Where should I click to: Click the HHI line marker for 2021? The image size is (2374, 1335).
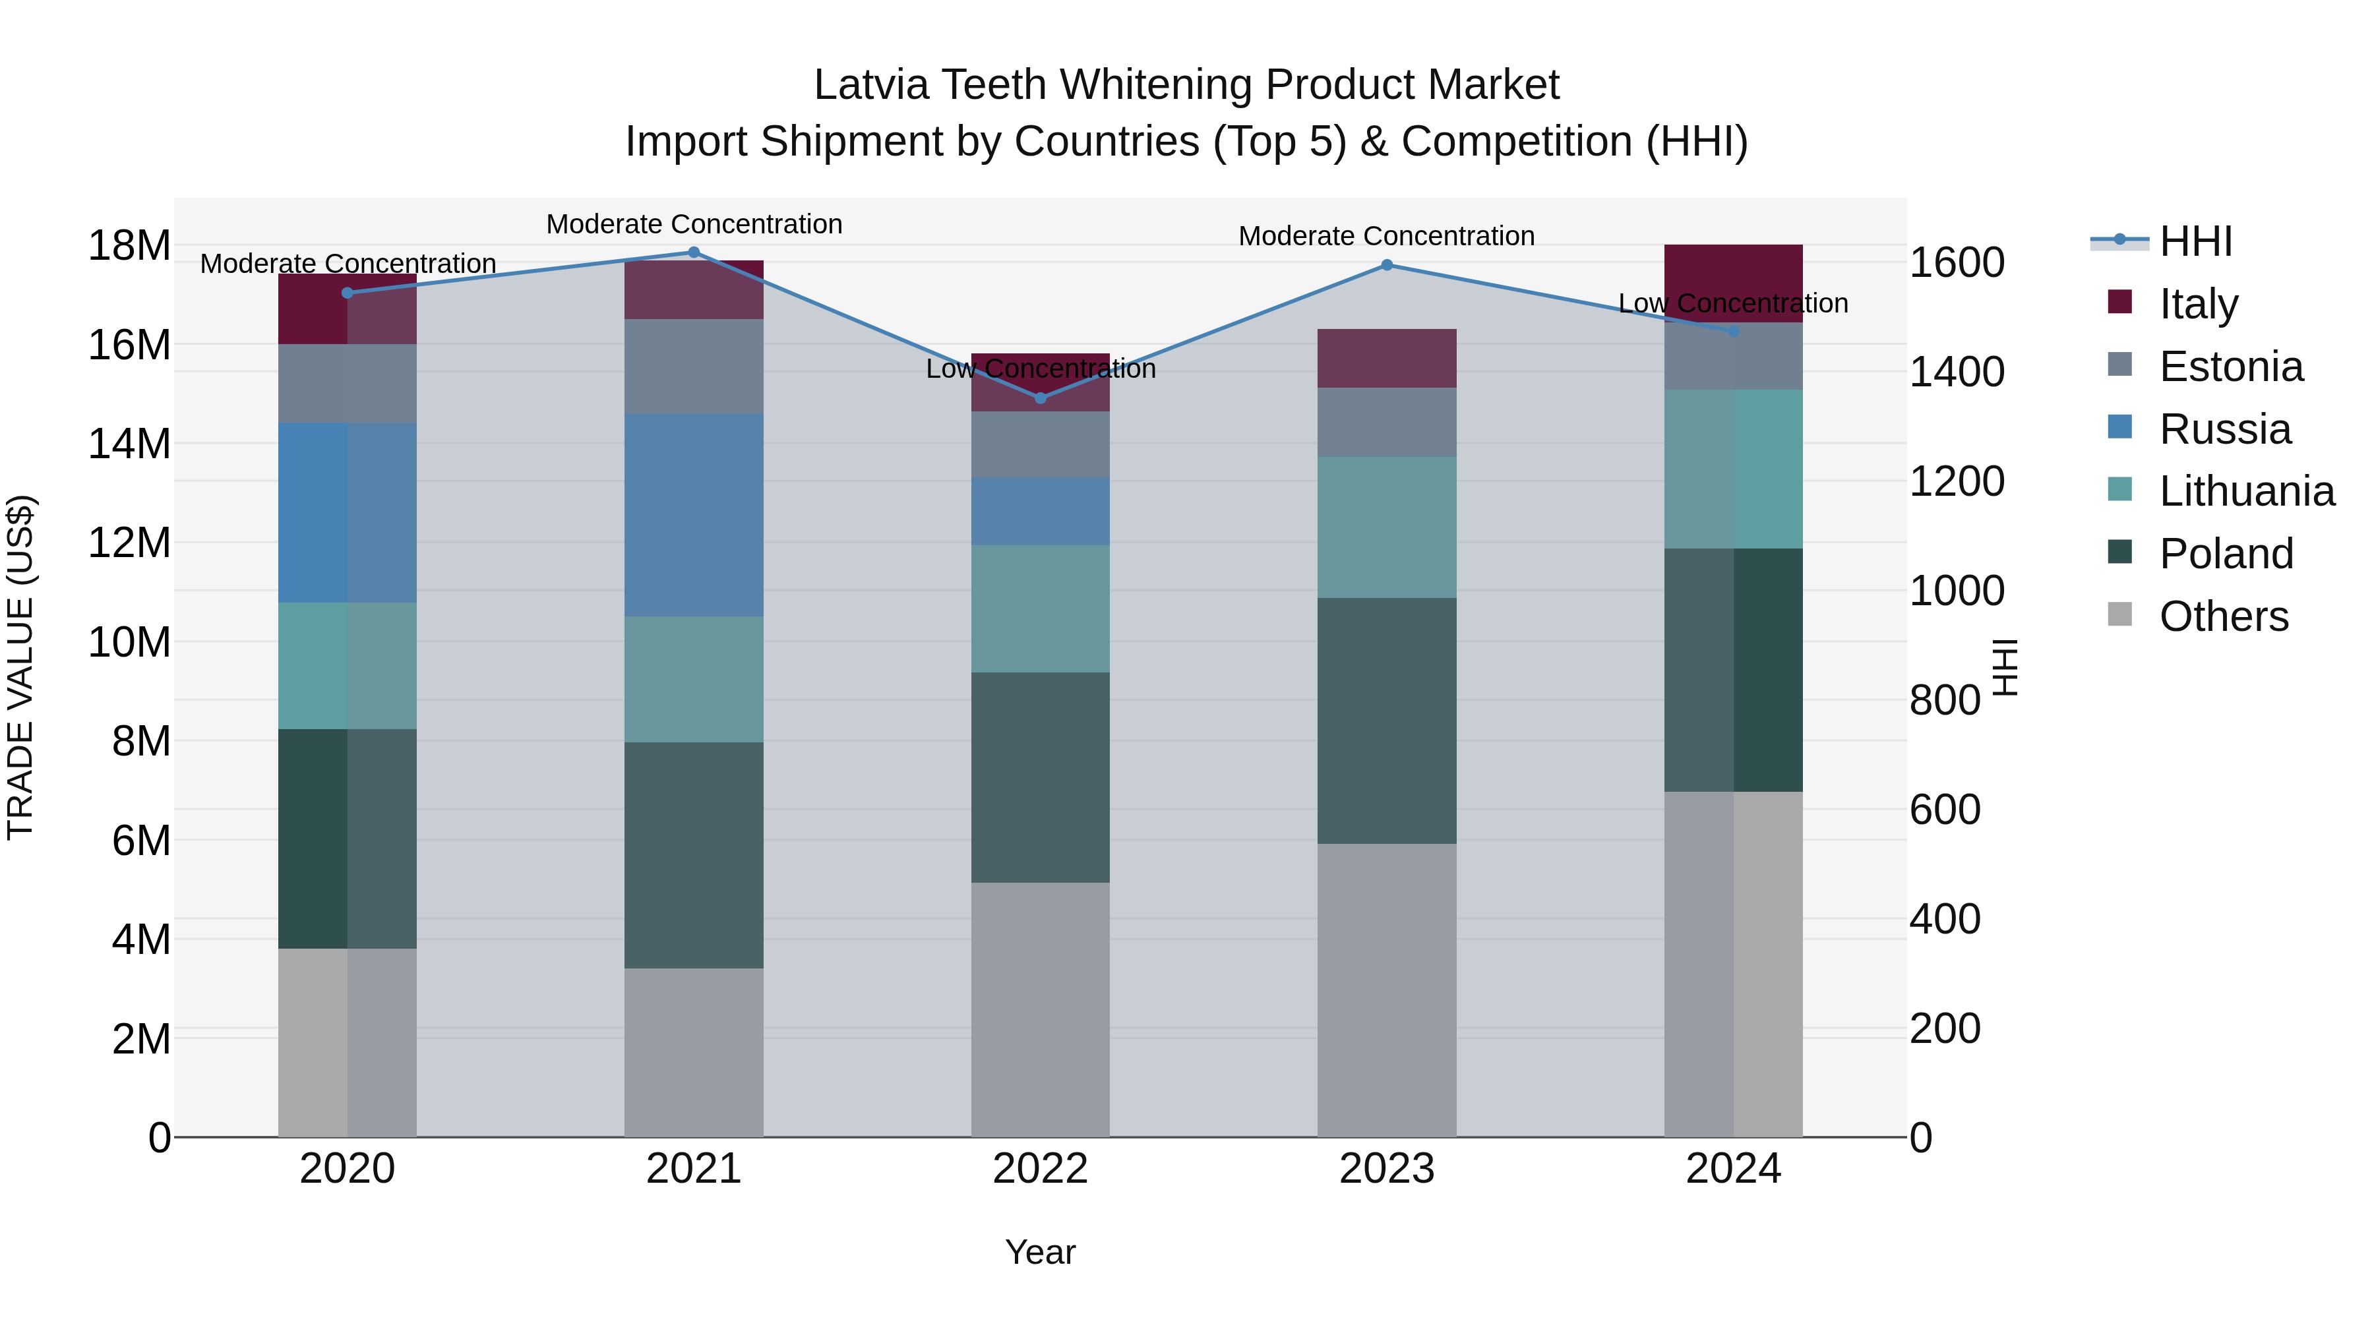694,252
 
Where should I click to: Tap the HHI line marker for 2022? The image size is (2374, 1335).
1041,398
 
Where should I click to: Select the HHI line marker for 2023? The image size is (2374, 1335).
1387,265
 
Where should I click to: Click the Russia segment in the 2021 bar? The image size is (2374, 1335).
694,514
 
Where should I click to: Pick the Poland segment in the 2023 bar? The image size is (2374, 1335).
1387,721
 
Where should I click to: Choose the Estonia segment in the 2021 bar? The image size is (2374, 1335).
694,366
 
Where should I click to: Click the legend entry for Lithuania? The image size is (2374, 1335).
2246,491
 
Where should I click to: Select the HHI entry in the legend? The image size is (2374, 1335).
2195,241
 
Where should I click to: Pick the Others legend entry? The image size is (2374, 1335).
2223,616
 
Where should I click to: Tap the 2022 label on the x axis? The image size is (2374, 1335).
1041,1169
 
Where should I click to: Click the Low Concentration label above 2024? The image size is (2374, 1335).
1732,303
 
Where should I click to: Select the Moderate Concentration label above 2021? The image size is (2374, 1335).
694,224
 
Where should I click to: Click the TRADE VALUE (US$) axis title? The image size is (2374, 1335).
20,667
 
